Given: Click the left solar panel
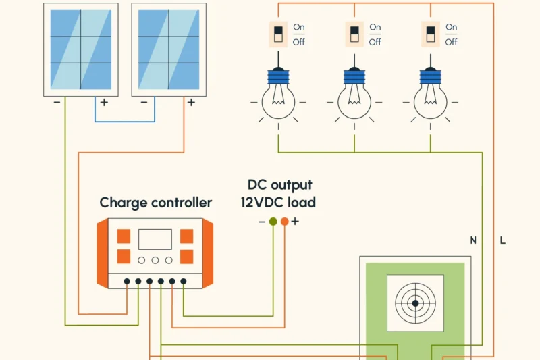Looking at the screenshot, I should pyautogui.click(x=81, y=49).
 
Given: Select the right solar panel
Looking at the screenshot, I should pyautogui.click(x=169, y=49).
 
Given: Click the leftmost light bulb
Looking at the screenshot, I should pyautogui.click(x=278, y=98).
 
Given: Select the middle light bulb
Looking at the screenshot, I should pyautogui.click(x=354, y=98).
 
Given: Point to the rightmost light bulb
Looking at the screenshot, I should pyautogui.click(x=431, y=98).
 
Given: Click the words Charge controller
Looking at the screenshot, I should pyautogui.click(x=155, y=203).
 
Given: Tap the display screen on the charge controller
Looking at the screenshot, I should pyautogui.click(x=155, y=239).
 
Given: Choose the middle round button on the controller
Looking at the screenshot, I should pyautogui.click(x=155, y=260).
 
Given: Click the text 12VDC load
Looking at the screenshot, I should pyautogui.click(x=278, y=203).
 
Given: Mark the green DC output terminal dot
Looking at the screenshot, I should pyautogui.click(x=273, y=221).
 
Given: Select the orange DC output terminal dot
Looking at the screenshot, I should pyautogui.click(x=284, y=221).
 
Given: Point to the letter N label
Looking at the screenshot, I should pyautogui.click(x=473, y=240).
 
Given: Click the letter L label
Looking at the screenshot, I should pyautogui.click(x=503, y=240).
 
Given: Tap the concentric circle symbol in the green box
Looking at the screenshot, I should pyautogui.click(x=415, y=303).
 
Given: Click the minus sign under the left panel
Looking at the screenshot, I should pyautogui.click(x=57, y=103).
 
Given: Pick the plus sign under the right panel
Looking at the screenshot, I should pyautogui.click(x=191, y=103).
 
